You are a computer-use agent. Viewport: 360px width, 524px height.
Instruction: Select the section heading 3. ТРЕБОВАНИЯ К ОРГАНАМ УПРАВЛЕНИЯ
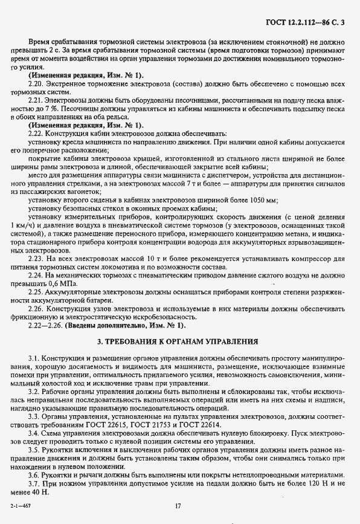(x=179, y=341)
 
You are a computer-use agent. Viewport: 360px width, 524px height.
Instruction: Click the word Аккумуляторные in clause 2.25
(x=77, y=291)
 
